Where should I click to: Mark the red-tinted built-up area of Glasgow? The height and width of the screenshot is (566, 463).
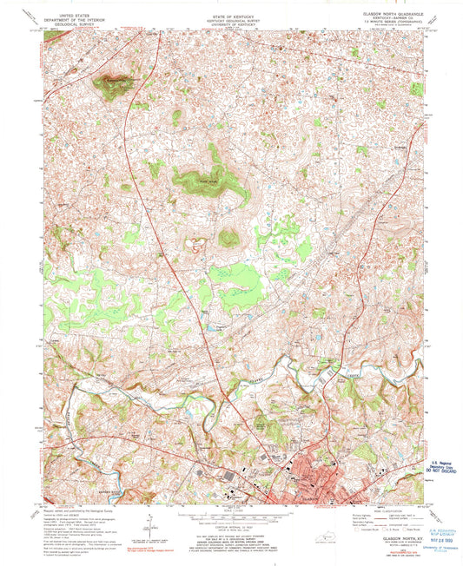[308, 482]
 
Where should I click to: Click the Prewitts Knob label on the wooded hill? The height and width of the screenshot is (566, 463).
[195, 181]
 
